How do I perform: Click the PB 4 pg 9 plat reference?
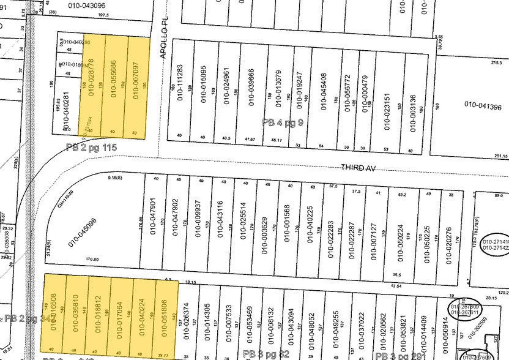[x=283, y=122]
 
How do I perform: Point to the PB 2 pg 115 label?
[x=91, y=147]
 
